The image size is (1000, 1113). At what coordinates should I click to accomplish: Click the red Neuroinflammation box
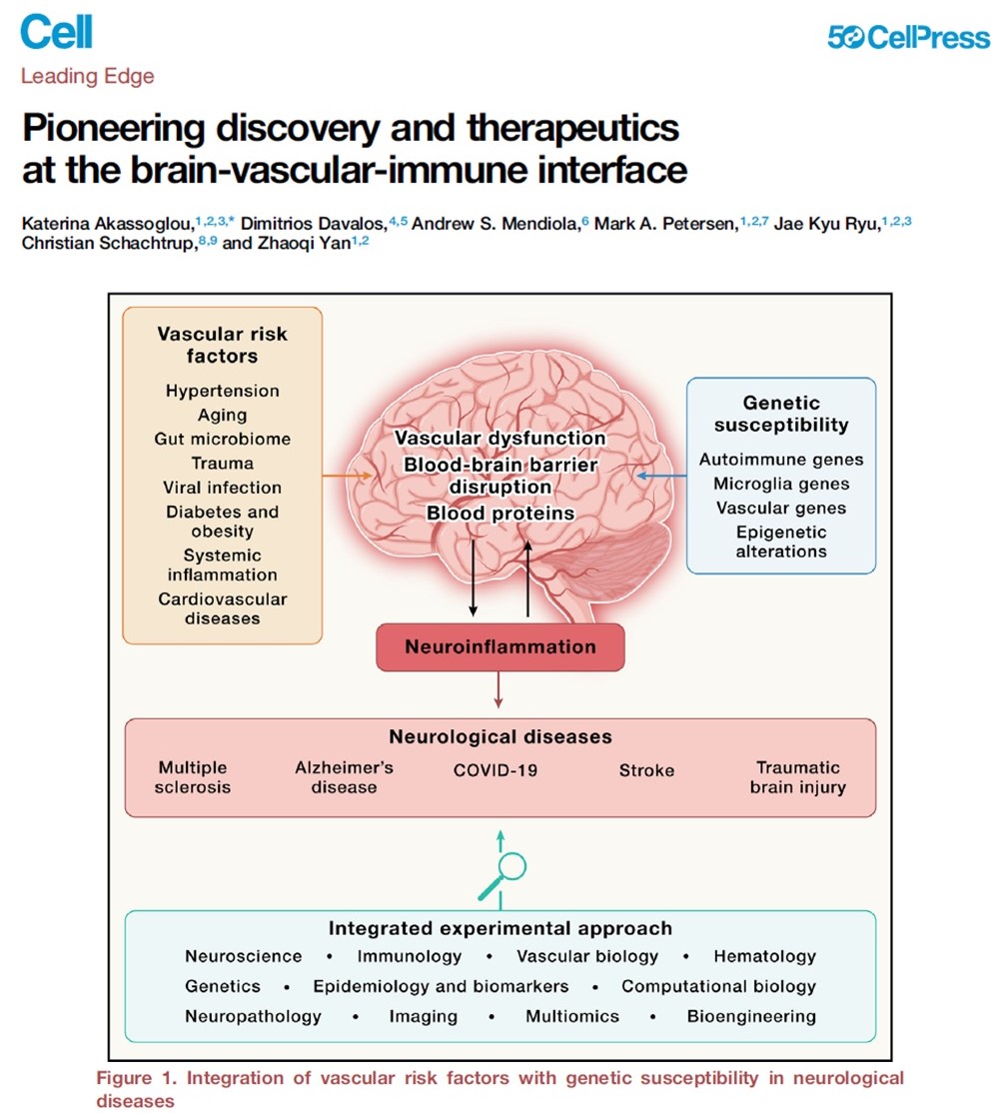pyautogui.click(x=500, y=646)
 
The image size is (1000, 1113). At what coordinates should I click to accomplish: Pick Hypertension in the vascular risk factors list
pyautogui.click(x=222, y=391)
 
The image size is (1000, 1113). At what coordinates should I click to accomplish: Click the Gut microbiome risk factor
pyautogui.click(x=222, y=439)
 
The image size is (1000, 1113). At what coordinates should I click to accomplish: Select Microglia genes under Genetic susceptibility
pyautogui.click(x=781, y=484)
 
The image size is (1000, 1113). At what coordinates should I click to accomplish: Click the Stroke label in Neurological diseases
pyautogui.click(x=646, y=770)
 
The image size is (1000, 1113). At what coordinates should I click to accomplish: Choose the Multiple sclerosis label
pyautogui.click(x=193, y=777)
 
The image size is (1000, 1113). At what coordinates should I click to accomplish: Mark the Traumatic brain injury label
pyautogui.click(x=798, y=777)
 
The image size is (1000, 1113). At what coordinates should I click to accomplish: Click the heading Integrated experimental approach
pyautogui.click(x=500, y=928)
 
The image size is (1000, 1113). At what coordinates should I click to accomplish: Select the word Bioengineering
pyautogui.click(x=751, y=1016)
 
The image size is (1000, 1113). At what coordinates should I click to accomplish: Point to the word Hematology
pyautogui.click(x=764, y=956)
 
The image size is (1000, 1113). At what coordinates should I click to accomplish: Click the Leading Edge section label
pyautogui.click(x=88, y=76)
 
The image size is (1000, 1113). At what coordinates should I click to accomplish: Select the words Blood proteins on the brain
pyautogui.click(x=500, y=513)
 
